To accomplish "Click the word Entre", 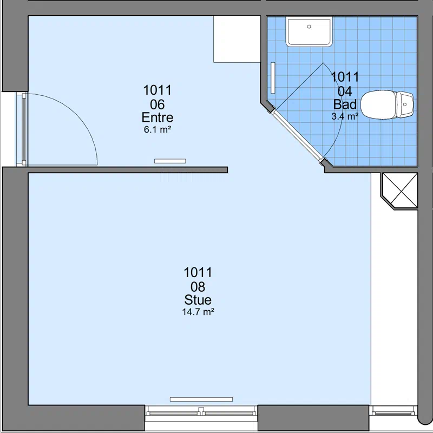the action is coord(158,117).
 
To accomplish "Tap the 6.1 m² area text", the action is coord(158,129).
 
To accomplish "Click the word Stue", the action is coord(198,300).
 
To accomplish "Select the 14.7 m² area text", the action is coord(198,312).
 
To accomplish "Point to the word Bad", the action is coord(345,104).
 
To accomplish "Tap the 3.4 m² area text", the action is coord(345,116).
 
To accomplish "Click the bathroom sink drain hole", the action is coord(309,27).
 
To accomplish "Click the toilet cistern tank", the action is coord(405,104).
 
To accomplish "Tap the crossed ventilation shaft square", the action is coord(400,191).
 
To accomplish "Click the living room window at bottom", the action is coord(201,412).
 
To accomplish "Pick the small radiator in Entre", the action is coord(170,161).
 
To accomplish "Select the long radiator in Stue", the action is coord(201,399).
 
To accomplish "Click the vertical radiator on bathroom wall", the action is coord(273,78).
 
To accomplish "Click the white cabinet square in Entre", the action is coord(237,39).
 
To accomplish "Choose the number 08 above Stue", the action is coord(198,287).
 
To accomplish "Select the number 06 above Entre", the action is coord(158,104).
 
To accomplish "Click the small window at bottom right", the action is coord(393,411).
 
